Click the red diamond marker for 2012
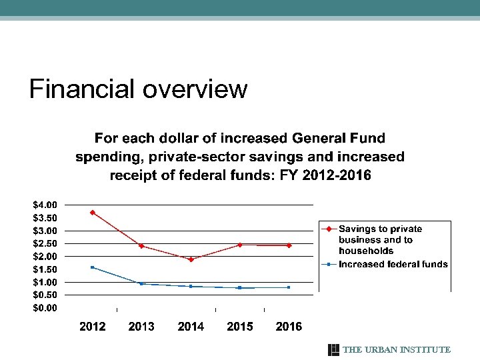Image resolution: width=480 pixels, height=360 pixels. click(x=93, y=213)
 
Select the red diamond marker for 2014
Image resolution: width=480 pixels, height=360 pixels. click(x=191, y=259)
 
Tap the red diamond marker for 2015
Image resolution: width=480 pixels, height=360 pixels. click(x=240, y=245)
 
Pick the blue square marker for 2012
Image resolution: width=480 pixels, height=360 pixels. click(x=93, y=267)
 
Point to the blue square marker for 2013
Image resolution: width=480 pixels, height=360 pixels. click(x=141, y=283)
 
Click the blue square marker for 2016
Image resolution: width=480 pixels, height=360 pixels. click(x=289, y=287)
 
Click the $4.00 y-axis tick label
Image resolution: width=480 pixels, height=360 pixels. click(x=47, y=205)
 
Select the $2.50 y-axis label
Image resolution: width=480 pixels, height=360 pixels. click(x=47, y=243)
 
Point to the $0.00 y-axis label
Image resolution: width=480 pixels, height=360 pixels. click(x=47, y=308)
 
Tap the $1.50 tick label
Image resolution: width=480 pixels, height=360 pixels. click(x=47, y=269)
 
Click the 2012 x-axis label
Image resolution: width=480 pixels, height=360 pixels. click(x=93, y=327)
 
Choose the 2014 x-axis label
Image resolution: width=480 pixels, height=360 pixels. click(x=191, y=327)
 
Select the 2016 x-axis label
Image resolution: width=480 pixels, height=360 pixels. click(x=289, y=327)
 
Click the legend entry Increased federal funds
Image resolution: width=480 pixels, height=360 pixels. click(x=393, y=265)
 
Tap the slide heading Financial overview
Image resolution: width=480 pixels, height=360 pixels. click(x=138, y=89)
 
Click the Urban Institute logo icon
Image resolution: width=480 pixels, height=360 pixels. click(x=334, y=350)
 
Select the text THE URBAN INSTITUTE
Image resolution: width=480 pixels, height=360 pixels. click(x=397, y=350)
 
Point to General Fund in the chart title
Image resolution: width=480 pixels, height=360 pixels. click(x=339, y=139)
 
